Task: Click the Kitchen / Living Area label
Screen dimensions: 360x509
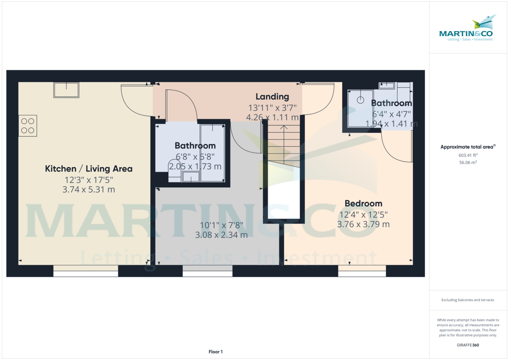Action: click(89, 169)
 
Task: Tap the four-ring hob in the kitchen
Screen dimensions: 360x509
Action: click(28, 126)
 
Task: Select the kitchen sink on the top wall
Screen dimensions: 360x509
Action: click(66, 90)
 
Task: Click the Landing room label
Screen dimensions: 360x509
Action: click(272, 97)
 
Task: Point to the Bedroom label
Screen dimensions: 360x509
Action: click(363, 203)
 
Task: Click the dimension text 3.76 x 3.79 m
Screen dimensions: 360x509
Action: click(363, 224)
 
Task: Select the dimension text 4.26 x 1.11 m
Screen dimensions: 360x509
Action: click(272, 117)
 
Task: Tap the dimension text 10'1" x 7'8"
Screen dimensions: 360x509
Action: click(221, 225)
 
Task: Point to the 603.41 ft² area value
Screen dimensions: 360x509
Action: click(461, 155)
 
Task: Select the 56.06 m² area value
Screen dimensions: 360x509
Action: click(462, 162)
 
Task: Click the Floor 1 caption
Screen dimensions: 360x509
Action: click(215, 352)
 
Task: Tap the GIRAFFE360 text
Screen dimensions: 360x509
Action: click(467, 345)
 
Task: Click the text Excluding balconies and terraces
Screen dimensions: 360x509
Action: click(467, 300)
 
